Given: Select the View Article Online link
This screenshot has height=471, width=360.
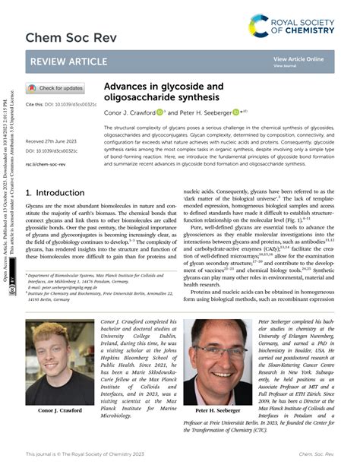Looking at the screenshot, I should [298, 58].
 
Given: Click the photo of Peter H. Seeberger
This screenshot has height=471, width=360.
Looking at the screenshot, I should [216, 372].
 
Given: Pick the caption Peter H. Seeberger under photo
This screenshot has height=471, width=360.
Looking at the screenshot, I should [216, 431].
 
